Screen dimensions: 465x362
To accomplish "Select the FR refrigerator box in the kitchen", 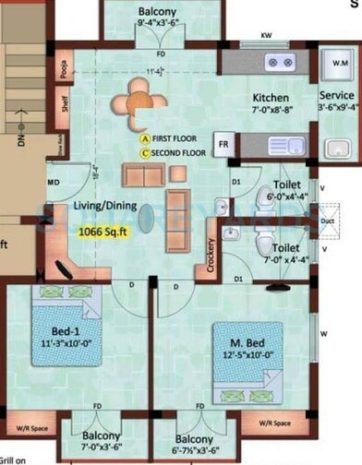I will pyautogui.click(x=223, y=144).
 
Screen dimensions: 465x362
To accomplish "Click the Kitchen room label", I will pyautogui.click(x=271, y=98).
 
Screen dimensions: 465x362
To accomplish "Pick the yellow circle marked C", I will pyautogui.click(x=145, y=150).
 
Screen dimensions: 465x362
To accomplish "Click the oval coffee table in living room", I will pyautogui.click(x=148, y=216).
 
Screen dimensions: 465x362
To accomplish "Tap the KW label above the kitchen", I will pyautogui.click(x=265, y=38).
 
